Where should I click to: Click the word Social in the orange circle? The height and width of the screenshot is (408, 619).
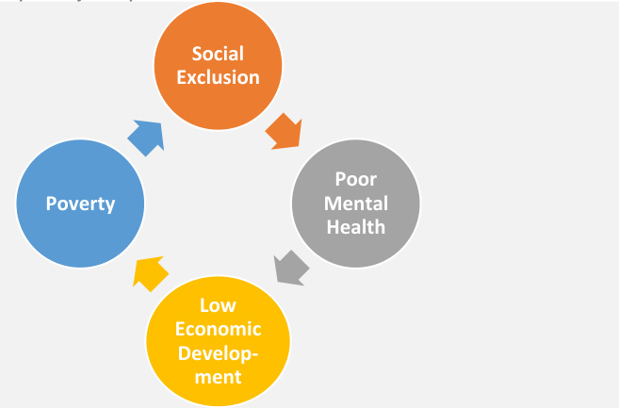pyautogui.click(x=218, y=54)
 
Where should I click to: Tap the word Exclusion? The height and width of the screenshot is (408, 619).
pyautogui.click(x=218, y=76)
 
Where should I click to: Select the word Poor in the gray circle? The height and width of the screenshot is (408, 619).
pyautogui.click(x=354, y=179)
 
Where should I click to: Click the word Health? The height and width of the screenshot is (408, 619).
pyautogui.click(x=354, y=225)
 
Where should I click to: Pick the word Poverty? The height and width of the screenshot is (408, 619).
pyautogui.click(x=80, y=204)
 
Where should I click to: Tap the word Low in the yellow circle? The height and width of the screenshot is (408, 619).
pyautogui.click(x=218, y=305)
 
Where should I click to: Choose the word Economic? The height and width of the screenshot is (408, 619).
pyautogui.click(x=218, y=329)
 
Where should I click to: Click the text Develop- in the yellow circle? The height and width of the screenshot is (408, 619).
pyautogui.click(x=218, y=352)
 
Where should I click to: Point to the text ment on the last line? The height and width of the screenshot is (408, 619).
pyautogui.click(x=218, y=376)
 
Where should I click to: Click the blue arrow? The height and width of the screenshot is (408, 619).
pyautogui.click(x=146, y=138)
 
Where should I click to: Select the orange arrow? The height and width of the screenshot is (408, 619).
pyautogui.click(x=283, y=131)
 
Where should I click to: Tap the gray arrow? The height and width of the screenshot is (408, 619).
pyautogui.click(x=292, y=267)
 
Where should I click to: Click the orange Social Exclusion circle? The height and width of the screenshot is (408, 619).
pyautogui.click(x=218, y=64)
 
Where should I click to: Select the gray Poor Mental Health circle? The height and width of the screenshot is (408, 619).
pyautogui.click(x=354, y=203)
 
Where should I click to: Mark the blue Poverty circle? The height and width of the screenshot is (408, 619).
pyautogui.click(x=80, y=203)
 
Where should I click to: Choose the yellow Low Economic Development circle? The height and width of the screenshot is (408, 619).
pyautogui.click(x=218, y=340)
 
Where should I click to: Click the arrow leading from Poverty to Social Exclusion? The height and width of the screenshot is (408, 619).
pyautogui.click(x=146, y=138)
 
